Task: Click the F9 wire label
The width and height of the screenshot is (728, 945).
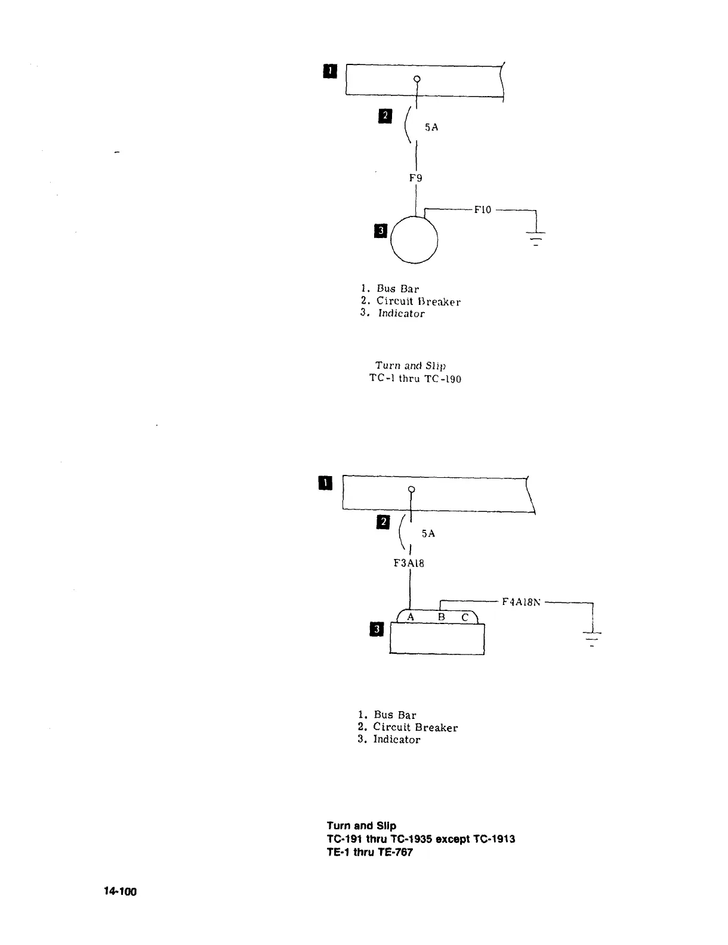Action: click(416, 177)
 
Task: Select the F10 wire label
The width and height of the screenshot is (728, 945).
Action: click(482, 209)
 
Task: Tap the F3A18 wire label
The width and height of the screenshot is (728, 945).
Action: click(409, 563)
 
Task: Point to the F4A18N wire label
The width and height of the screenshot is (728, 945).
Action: click(521, 602)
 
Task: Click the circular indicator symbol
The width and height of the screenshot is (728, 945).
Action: click(415, 240)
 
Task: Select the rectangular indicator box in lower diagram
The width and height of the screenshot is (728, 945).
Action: click(437, 639)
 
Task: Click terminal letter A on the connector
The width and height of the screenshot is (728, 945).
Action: click(411, 617)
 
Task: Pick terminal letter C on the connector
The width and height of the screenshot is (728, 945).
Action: click(465, 618)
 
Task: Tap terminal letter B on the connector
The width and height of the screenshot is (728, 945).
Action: click(442, 617)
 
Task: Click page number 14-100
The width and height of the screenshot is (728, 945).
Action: click(120, 892)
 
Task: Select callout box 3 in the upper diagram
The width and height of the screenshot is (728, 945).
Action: click(380, 230)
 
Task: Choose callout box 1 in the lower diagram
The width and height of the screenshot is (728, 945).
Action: click(325, 483)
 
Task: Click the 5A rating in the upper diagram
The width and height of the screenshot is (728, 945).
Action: click(431, 127)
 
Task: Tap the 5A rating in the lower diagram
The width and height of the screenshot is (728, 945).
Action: click(428, 533)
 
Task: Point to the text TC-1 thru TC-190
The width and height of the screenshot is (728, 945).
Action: click(415, 378)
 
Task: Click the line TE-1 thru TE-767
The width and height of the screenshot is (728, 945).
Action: click(369, 852)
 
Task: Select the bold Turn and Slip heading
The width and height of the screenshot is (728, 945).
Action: click(361, 826)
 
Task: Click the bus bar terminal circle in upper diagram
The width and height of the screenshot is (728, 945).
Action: click(417, 79)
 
